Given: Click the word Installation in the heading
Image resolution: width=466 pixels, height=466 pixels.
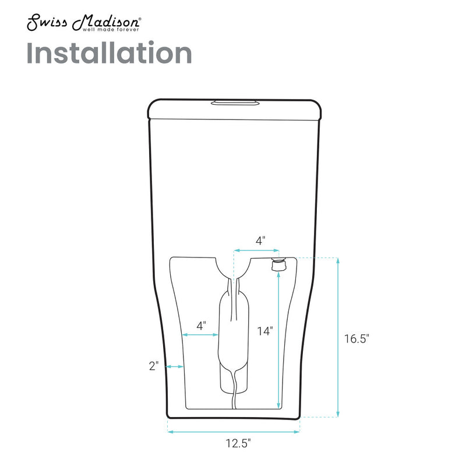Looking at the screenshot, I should (x=110, y=54).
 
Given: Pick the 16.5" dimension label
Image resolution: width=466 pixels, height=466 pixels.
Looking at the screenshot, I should (x=357, y=338).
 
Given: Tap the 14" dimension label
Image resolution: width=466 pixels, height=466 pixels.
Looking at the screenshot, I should (x=265, y=331).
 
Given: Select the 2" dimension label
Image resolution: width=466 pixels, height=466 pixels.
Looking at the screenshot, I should (x=154, y=366).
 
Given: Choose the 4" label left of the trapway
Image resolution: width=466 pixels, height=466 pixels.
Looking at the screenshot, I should (x=201, y=326).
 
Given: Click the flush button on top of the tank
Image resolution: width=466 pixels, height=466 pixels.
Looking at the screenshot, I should (x=235, y=104).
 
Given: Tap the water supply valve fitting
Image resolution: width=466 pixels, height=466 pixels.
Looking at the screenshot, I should (x=278, y=265).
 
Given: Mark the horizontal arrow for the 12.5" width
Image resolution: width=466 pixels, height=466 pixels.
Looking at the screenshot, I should (x=234, y=432).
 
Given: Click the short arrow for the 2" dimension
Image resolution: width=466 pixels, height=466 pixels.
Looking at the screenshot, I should (x=175, y=366).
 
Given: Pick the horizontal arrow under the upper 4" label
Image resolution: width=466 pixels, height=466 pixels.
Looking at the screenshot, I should (x=255, y=250).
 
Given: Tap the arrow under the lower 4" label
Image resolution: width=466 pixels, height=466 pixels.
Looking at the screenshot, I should (x=200, y=335).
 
